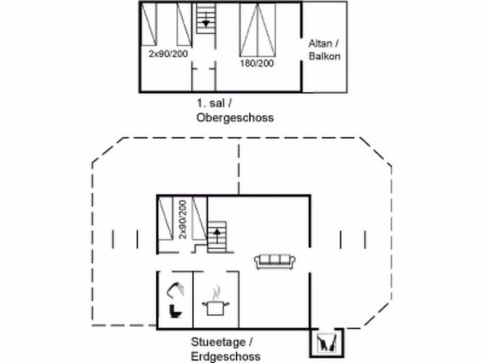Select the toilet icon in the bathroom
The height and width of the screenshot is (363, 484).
(174, 311)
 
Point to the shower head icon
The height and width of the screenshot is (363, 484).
(175, 288)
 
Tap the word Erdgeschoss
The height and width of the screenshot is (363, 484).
(226, 356)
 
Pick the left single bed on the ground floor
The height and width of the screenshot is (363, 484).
(166, 218)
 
